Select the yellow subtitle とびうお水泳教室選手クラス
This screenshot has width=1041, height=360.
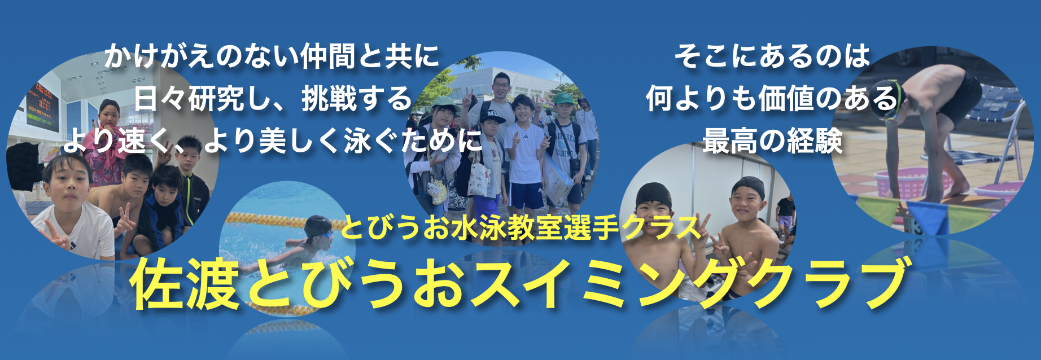[x=520, y=227]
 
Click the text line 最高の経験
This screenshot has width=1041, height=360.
[x=772, y=141]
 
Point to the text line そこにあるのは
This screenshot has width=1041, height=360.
[x=772, y=56]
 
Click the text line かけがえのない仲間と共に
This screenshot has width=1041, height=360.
[x=271, y=56]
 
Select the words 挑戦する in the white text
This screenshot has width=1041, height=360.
[x=357, y=99]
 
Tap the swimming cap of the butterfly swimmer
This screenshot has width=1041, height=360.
[x=318, y=226]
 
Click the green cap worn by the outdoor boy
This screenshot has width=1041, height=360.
[x=563, y=99]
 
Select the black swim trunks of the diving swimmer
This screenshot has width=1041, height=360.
[x=960, y=99]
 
